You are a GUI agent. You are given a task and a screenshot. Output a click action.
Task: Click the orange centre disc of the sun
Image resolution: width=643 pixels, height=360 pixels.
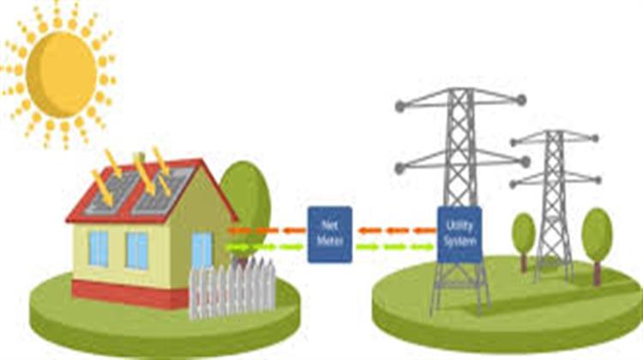click(x=60, y=75)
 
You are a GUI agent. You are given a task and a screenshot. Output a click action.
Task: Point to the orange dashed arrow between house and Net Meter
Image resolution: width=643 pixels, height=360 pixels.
click(x=266, y=230)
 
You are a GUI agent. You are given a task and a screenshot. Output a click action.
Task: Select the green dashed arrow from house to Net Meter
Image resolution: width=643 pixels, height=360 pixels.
click(x=266, y=248)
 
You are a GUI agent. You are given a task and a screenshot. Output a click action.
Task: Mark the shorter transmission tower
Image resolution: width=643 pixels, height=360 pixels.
click(x=554, y=206)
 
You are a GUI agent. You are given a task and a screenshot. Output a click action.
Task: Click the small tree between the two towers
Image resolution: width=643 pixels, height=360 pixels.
click(x=523, y=233)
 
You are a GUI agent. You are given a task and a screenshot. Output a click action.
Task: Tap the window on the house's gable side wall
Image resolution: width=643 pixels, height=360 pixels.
click(x=201, y=249)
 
